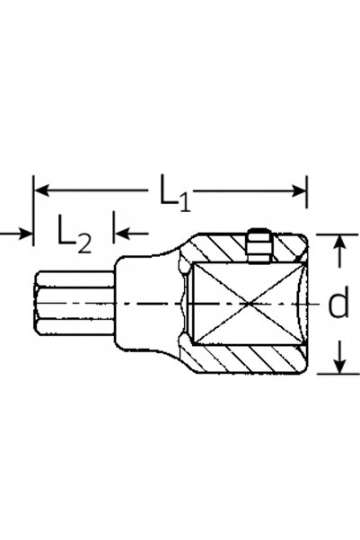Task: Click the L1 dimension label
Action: click(174, 193)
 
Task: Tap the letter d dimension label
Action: click(338, 301)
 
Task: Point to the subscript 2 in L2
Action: click(84, 243)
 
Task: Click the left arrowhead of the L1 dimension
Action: click(41, 190)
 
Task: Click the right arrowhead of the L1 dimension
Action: click(299, 190)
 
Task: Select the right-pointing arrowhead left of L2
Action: click(26, 234)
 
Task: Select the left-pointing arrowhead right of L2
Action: click(121, 233)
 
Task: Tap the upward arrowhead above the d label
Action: click(340, 243)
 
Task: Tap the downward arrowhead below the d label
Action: click(340, 366)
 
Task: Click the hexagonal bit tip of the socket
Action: click(74, 304)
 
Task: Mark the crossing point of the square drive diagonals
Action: click(249, 304)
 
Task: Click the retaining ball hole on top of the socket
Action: click(259, 246)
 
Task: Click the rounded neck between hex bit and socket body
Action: click(148, 303)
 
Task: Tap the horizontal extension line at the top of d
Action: click(338, 235)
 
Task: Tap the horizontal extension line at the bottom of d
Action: click(338, 374)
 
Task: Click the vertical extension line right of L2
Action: click(113, 227)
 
